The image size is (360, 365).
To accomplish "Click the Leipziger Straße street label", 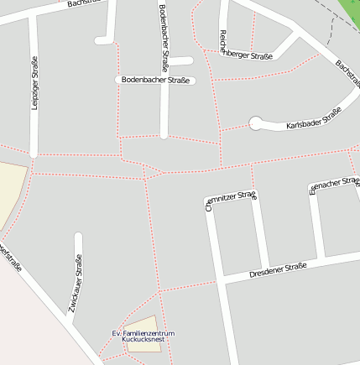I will pos(34,82).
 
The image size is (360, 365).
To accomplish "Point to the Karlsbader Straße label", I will pos(314,118).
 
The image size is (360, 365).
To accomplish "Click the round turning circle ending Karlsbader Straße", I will pos(256,124).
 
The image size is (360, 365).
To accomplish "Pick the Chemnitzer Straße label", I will pos(230,201).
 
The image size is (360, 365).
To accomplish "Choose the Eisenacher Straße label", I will pos(334,185).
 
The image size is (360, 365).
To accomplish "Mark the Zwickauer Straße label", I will pos(76,289).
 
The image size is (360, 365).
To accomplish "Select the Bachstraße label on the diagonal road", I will pos(347,74).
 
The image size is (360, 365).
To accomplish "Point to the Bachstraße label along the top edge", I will pos(88,3).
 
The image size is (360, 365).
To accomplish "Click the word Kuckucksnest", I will pos(143,341).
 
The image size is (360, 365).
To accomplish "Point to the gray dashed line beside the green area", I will pos(331,32).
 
